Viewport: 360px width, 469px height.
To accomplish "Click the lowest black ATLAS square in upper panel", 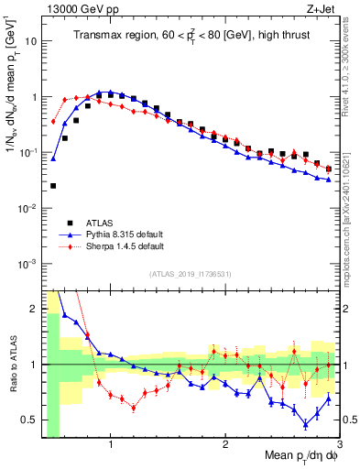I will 53,186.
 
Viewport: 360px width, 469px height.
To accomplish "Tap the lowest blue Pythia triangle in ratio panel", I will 306,424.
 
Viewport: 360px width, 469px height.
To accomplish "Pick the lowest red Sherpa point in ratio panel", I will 134,408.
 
